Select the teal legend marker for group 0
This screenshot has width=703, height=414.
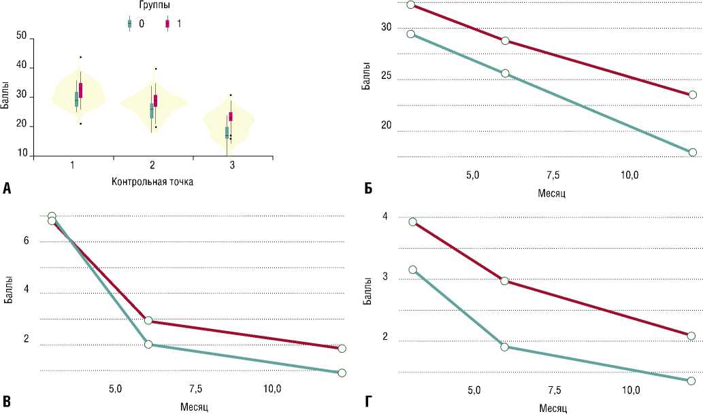[130, 24]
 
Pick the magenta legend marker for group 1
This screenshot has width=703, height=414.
[167, 24]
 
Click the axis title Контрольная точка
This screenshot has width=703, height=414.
[151, 182]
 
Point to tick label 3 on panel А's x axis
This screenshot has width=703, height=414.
[232, 165]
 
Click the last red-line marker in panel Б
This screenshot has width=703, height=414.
[693, 94]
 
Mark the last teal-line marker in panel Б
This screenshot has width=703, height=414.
[693, 152]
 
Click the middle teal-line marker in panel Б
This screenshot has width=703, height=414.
[505, 73]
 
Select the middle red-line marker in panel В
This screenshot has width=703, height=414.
[148, 321]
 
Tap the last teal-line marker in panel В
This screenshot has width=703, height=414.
[342, 373]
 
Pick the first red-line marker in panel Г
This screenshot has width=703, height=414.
[412, 222]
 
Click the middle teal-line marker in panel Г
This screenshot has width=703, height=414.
[505, 347]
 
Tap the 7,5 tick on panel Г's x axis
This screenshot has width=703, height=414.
[554, 390]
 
